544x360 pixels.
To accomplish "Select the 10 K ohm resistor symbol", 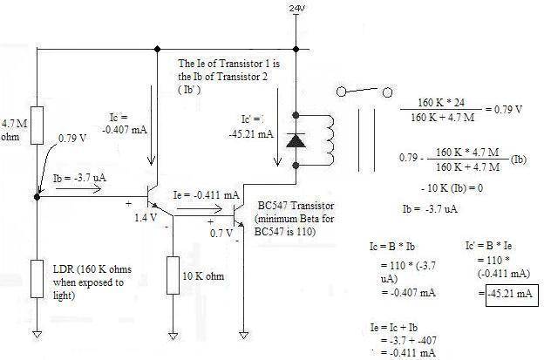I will [x=174, y=275].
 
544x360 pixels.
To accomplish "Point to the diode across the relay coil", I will [x=298, y=139].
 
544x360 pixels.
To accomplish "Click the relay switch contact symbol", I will [x=362, y=91].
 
